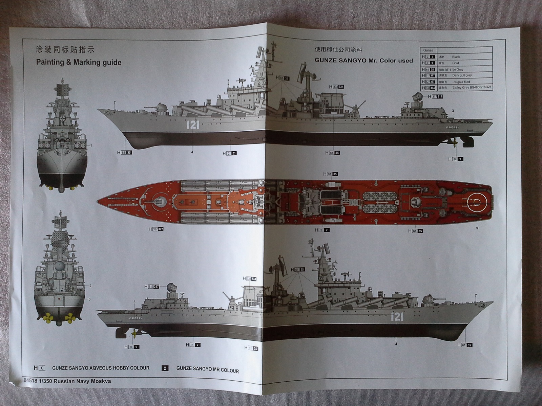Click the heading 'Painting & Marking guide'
(x=79, y=62)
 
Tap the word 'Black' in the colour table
(x=456, y=57)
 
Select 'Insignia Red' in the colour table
(x=461, y=82)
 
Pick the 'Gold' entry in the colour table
(x=455, y=63)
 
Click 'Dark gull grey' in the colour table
(x=462, y=75)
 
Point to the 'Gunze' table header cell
(x=428, y=50)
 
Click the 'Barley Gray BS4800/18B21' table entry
(x=472, y=88)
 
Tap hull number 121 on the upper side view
(x=192, y=125)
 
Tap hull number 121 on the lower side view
(x=397, y=317)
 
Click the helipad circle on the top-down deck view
(x=476, y=202)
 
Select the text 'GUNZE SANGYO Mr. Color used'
(x=363, y=61)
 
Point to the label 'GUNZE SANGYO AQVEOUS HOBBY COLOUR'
(x=101, y=368)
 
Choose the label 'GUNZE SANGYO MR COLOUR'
(x=207, y=370)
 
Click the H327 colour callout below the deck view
(x=156, y=229)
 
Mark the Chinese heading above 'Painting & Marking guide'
(x=65, y=50)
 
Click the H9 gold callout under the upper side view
(x=456, y=159)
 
